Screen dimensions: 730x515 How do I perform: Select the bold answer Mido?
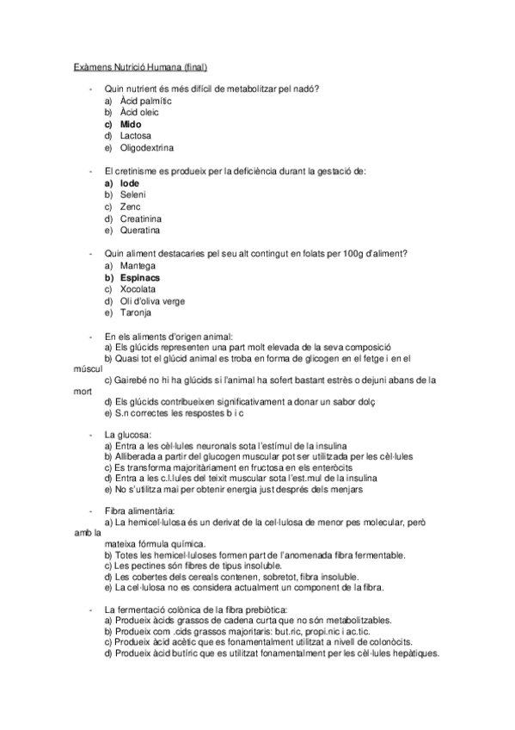pyautogui.click(x=131, y=124)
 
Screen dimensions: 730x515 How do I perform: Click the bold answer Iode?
pyautogui.click(x=129, y=183)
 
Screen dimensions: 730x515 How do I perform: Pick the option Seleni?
pyautogui.click(x=132, y=195)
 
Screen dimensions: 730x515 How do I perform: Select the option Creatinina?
pyautogui.click(x=139, y=219)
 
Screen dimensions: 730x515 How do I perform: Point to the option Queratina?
pyautogui.click(x=139, y=231)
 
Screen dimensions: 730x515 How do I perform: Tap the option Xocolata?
pyautogui.click(x=138, y=290)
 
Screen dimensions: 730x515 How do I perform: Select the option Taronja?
pyautogui.click(x=135, y=313)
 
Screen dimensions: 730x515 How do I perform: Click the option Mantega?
pyautogui.click(x=138, y=266)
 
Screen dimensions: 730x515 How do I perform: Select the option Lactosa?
pyautogui.click(x=135, y=136)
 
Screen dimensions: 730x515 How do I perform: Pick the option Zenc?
pyautogui.click(x=130, y=207)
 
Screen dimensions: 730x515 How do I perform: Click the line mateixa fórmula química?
pyautogui.click(x=154, y=544)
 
